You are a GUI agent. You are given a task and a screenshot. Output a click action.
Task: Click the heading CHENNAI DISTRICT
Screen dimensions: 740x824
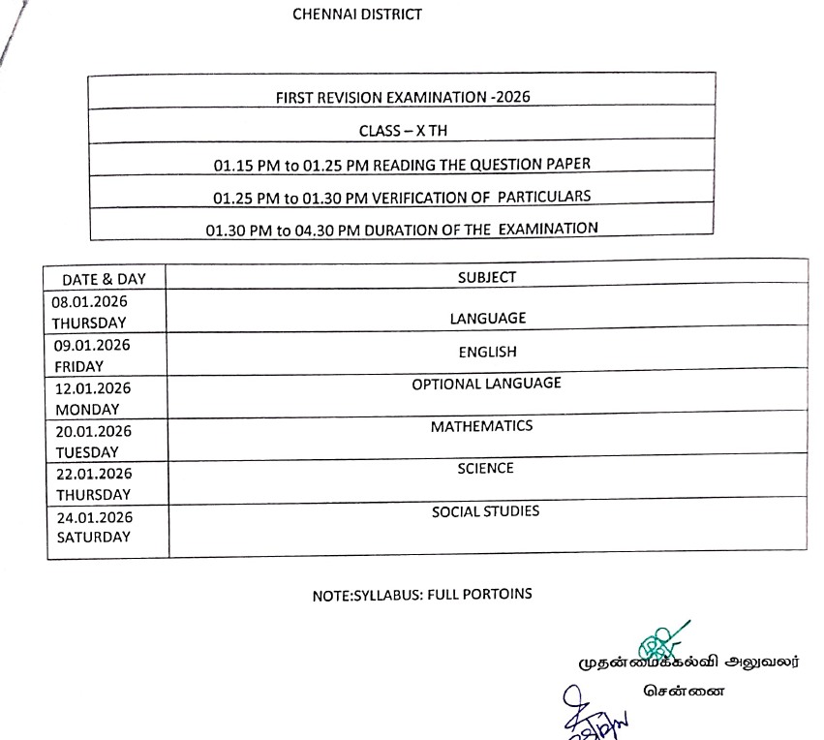(x=357, y=15)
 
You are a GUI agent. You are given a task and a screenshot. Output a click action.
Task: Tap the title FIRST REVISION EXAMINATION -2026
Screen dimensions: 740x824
(x=403, y=97)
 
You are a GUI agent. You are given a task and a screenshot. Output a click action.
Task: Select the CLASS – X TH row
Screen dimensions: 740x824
(x=403, y=130)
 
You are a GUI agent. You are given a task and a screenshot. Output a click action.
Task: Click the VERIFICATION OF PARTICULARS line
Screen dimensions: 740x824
(x=402, y=196)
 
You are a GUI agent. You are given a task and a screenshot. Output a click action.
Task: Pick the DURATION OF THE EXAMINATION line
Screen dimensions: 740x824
(x=402, y=229)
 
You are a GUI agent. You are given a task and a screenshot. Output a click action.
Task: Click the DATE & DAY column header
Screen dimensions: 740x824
(x=104, y=279)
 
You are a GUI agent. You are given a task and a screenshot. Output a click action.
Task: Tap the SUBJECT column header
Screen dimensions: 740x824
(x=487, y=277)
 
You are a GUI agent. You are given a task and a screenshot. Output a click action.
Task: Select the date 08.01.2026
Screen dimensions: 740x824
(x=90, y=301)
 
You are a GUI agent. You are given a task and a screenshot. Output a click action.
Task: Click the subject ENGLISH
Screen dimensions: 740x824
(x=488, y=352)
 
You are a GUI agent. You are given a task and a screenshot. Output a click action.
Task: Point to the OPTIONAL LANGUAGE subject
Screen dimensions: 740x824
(x=486, y=384)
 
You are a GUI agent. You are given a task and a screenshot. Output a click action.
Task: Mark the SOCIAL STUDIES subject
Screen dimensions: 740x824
(x=486, y=510)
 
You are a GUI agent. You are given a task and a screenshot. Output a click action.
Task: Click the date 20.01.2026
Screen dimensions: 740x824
(x=93, y=431)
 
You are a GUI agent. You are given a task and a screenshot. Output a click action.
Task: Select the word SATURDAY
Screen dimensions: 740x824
(x=93, y=537)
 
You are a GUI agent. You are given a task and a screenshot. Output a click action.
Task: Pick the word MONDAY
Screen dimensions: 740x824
(x=87, y=409)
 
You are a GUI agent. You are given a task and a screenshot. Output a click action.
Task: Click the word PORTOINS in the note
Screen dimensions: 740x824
(x=500, y=594)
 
